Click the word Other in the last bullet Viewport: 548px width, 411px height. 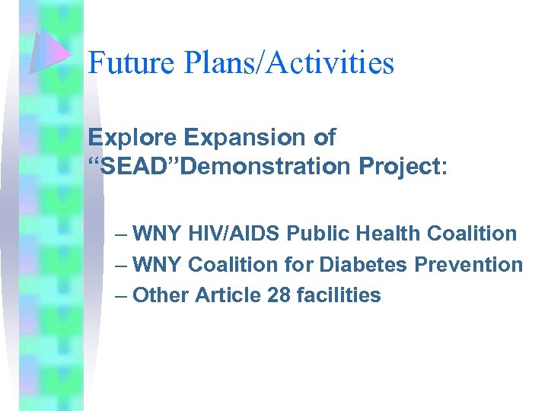[161, 295]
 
